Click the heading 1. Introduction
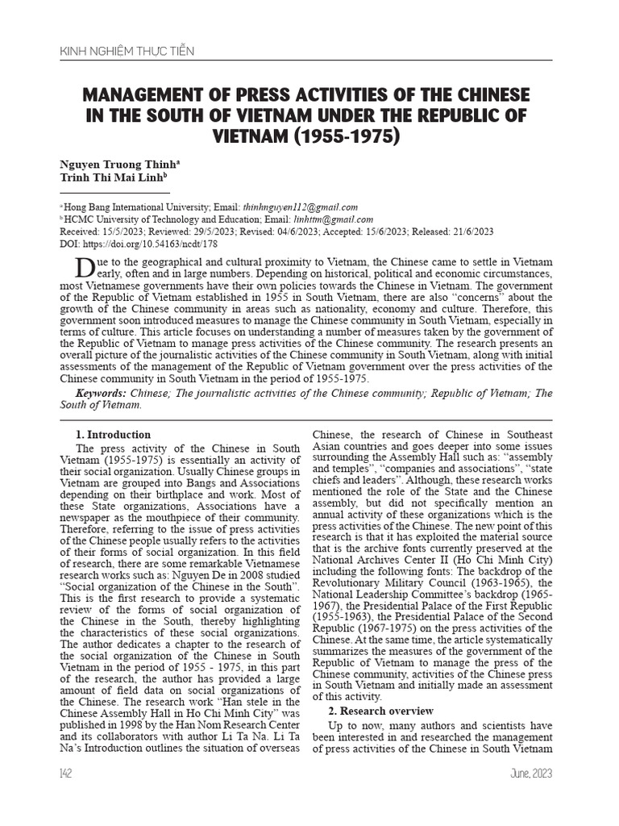click(113, 435)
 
